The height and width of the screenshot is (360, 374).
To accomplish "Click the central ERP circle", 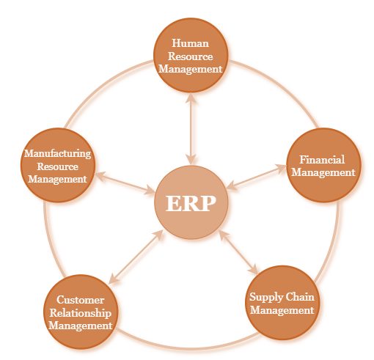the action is point(191,202).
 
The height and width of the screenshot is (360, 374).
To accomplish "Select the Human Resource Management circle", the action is point(191,55).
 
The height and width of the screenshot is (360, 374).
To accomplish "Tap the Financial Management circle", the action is point(323,166).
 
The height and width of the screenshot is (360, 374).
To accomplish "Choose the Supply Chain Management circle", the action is point(282,303).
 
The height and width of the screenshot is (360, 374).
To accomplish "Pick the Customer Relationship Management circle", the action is point(81,312).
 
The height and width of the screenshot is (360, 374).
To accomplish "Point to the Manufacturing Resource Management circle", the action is point(58,166).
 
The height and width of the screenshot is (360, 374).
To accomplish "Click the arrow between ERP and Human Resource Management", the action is point(191,129).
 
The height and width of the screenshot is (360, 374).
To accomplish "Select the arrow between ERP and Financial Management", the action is point(257,177).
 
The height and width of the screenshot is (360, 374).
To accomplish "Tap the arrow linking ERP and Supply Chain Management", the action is point(238,252).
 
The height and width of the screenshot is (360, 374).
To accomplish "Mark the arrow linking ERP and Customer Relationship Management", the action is point(136,257).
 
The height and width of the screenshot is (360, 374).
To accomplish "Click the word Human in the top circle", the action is point(191,43).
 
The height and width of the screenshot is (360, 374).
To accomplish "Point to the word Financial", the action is point(322,160).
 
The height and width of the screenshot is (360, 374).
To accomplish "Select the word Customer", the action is point(81,300).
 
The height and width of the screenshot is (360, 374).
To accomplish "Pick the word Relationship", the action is point(81,313).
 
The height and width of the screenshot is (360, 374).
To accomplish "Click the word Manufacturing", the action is point(58,154).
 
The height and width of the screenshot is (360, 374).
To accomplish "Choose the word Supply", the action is point(266,298).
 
